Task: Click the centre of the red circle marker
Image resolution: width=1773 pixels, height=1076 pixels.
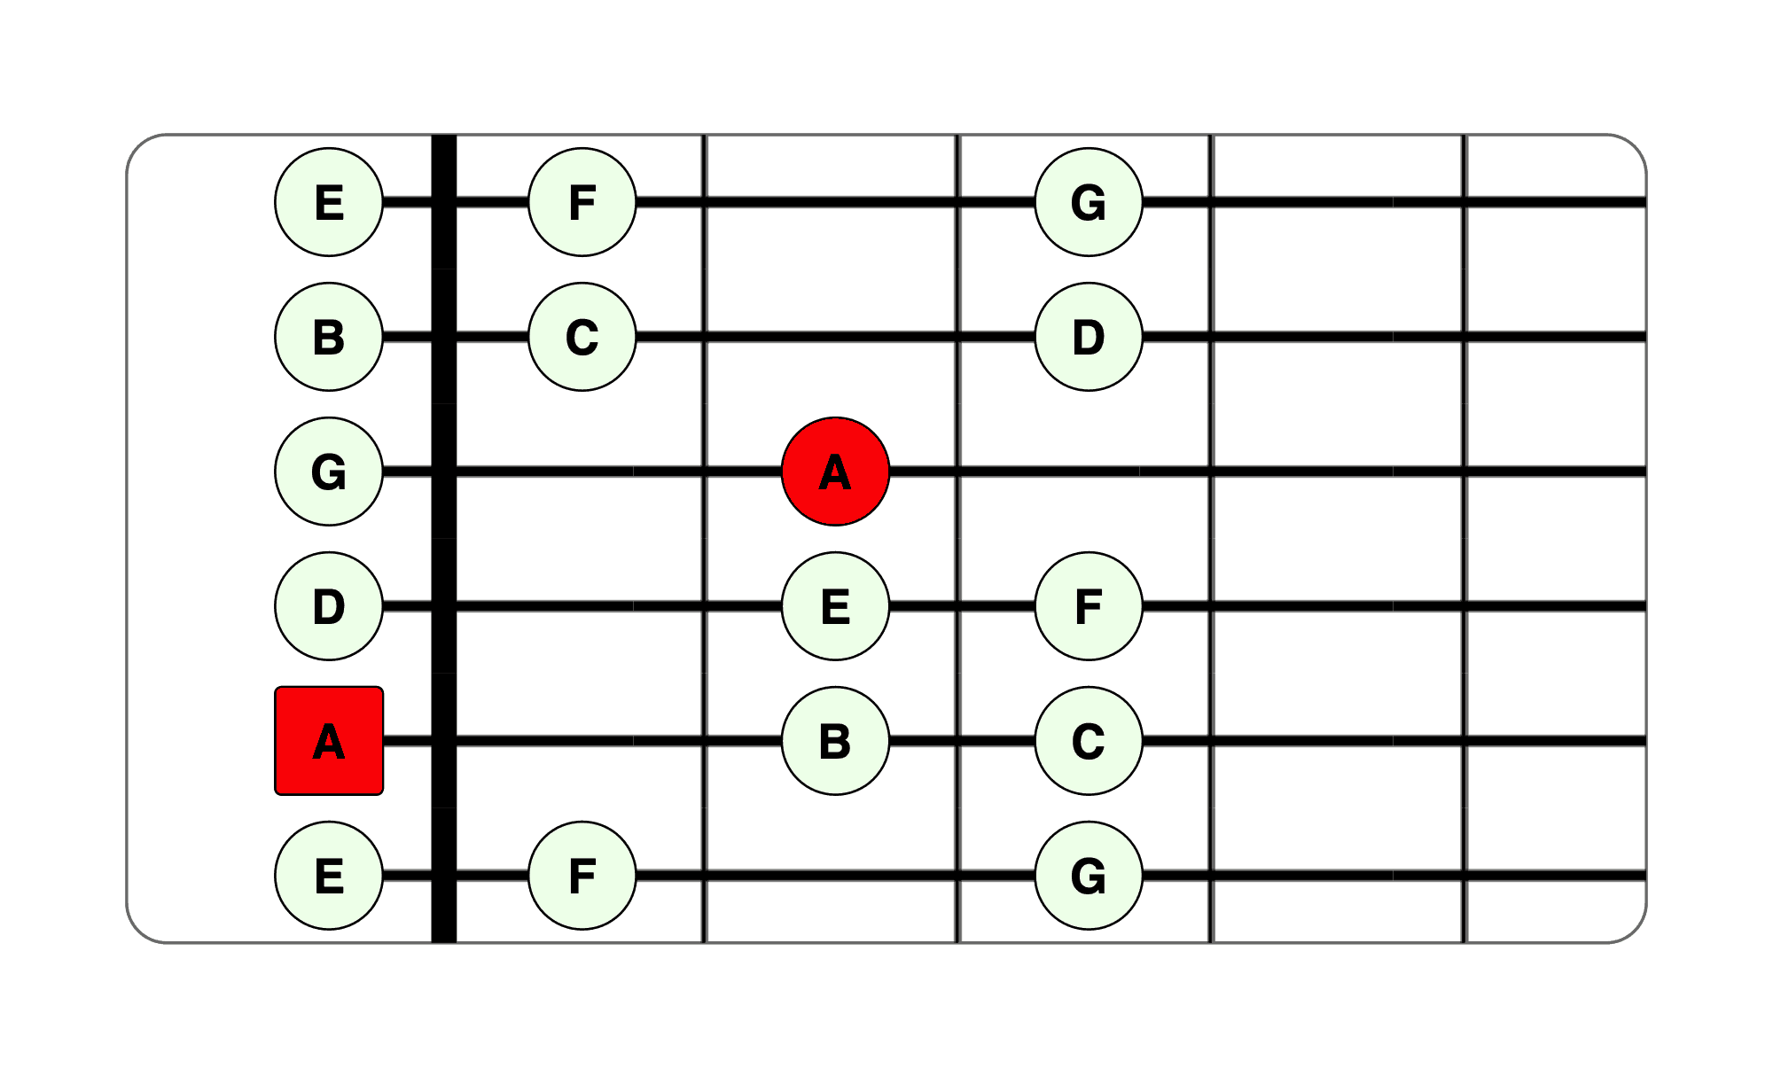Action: coord(835,472)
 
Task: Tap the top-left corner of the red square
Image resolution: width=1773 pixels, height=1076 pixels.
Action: coord(276,687)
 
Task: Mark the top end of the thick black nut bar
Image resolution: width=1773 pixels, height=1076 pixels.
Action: coord(444,136)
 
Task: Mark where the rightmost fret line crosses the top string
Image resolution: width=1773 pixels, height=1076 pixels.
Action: coord(1464,202)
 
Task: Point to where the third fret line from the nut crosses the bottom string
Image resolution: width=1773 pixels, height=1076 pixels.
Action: coord(1211,876)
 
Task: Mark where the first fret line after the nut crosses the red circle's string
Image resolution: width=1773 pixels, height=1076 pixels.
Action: coord(705,472)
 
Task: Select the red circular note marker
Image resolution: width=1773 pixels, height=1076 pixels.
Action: coord(835,472)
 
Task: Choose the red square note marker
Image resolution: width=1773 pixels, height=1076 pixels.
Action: coord(329,741)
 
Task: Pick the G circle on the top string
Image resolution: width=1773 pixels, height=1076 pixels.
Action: coord(1089,202)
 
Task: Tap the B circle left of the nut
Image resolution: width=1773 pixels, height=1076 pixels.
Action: coord(329,337)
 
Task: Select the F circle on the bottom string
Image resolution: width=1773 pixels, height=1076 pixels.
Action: coord(582,876)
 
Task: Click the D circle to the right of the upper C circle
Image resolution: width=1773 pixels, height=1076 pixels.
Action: coord(1089,337)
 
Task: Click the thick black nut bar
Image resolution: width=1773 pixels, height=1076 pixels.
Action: coord(444,539)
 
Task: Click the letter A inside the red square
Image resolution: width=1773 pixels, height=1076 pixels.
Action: coord(329,742)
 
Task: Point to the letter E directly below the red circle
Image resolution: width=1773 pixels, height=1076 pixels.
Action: coord(835,607)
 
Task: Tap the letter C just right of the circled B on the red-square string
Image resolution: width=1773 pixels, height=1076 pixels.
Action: coord(1089,742)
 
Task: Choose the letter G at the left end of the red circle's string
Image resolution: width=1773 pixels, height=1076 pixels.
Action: coord(329,472)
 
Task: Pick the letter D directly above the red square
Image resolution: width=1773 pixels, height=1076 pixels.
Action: coord(329,607)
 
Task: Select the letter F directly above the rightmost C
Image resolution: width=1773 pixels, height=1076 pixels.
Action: coord(1089,607)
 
